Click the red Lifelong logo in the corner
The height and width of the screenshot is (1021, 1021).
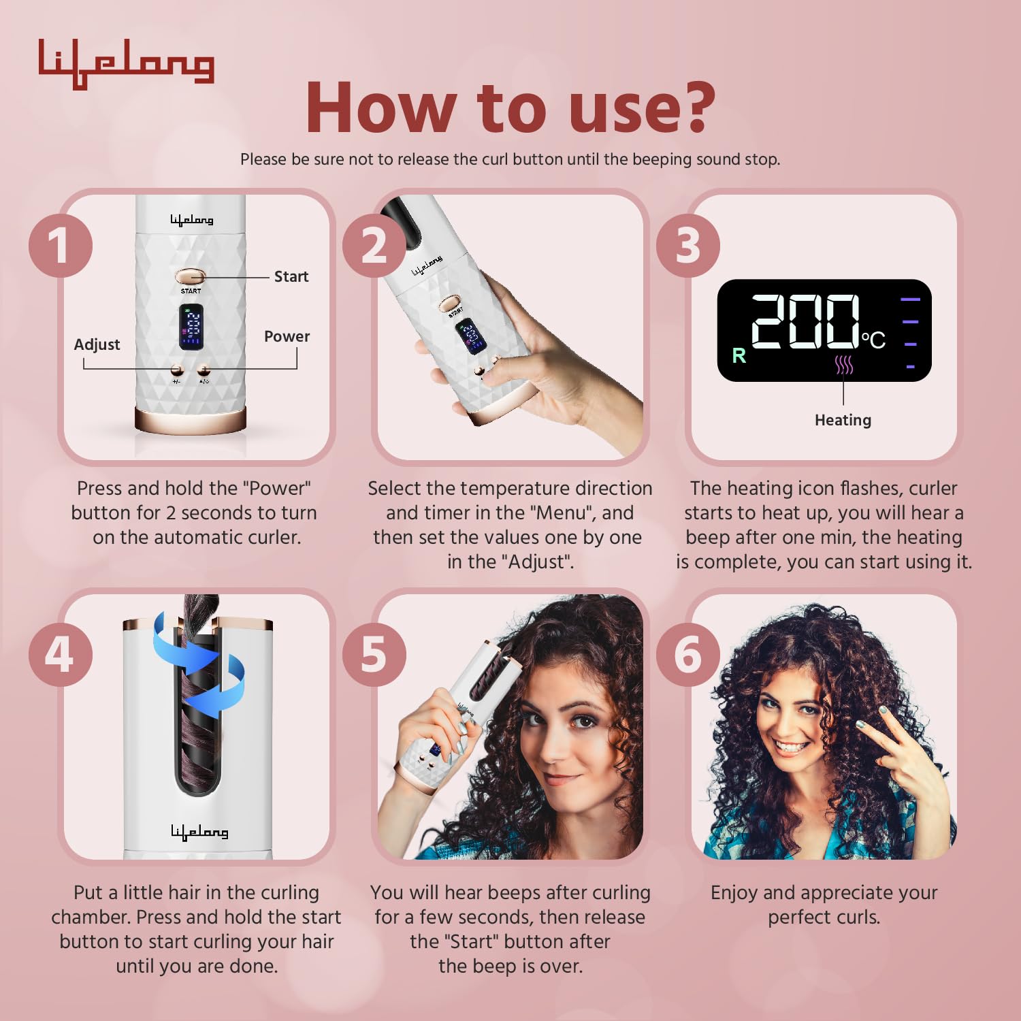tap(126, 63)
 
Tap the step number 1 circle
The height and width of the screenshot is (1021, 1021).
tap(61, 245)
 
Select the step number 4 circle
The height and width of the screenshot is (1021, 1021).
tap(61, 654)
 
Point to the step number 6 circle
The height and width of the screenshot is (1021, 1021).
tap(688, 654)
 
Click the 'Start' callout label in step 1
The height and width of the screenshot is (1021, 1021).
tap(291, 276)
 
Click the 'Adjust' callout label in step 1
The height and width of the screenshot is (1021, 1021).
tap(97, 344)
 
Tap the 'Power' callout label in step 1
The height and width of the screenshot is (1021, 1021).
tap(287, 336)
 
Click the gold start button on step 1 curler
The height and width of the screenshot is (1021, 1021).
tap(190, 277)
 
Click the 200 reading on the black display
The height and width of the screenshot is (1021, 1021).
tap(805, 322)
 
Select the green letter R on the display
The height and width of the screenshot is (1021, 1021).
tap(739, 355)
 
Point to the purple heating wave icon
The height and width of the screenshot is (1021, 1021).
tap(843, 365)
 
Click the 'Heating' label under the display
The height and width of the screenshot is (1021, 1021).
tap(843, 420)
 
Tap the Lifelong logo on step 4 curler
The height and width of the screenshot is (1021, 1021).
tap(199, 832)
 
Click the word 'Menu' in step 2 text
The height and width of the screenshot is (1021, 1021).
tap(562, 513)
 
